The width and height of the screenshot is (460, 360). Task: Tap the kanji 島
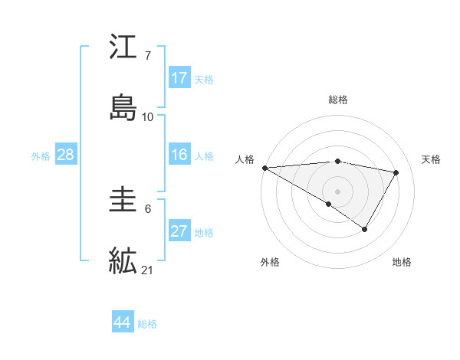(123, 107)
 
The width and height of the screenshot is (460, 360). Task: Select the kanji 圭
(123, 203)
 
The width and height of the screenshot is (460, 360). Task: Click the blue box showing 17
(179, 78)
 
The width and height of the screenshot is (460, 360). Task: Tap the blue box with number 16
(179, 155)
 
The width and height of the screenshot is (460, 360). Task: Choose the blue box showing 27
(179, 231)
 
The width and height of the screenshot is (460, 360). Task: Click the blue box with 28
(66, 155)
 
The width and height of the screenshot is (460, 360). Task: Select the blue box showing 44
(123, 322)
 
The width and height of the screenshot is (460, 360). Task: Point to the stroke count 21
(148, 270)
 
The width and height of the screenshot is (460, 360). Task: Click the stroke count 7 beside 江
(147, 55)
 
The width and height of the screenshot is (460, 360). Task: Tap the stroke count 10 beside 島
(148, 116)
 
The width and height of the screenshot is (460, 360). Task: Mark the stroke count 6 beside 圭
(147, 208)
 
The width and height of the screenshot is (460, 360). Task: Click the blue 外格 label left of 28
(41, 155)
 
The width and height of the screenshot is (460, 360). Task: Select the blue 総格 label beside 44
(147, 324)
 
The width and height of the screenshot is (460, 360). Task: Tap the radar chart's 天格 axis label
(432, 159)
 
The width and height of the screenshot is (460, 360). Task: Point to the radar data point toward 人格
(264, 168)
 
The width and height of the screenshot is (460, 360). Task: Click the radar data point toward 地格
(365, 229)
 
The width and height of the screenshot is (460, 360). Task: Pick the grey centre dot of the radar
(337, 191)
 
